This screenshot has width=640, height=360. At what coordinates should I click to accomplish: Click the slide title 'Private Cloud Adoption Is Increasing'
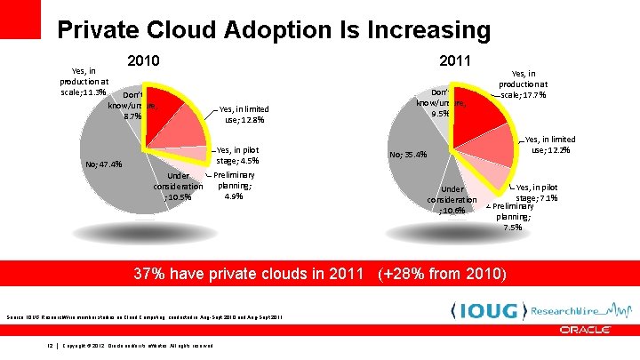coord(273,30)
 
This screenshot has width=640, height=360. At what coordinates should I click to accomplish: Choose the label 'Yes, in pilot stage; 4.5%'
coord(237,156)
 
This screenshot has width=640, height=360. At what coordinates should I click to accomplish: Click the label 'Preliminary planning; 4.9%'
coord(235,186)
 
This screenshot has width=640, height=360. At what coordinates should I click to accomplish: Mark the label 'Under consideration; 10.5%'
coord(178,186)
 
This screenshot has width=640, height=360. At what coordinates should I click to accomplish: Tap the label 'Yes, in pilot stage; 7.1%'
coord(537,192)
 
